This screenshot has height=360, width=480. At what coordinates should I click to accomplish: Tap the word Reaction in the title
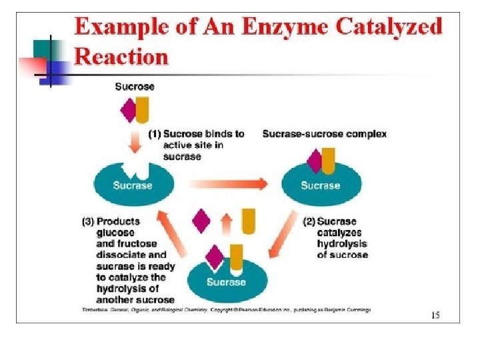(121, 56)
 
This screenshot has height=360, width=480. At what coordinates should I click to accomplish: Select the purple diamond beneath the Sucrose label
(128, 110)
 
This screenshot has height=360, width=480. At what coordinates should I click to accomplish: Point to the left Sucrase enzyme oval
(133, 185)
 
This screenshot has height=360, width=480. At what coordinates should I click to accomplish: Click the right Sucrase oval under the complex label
(320, 185)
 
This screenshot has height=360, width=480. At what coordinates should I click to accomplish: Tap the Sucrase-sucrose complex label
(324, 134)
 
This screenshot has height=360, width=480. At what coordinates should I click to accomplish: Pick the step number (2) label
(309, 221)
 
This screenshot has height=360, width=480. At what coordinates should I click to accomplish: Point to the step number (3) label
(87, 221)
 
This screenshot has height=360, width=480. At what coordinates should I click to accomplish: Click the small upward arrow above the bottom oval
(226, 224)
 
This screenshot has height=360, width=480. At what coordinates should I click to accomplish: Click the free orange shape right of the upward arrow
(248, 221)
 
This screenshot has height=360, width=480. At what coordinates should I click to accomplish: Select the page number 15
(435, 315)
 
